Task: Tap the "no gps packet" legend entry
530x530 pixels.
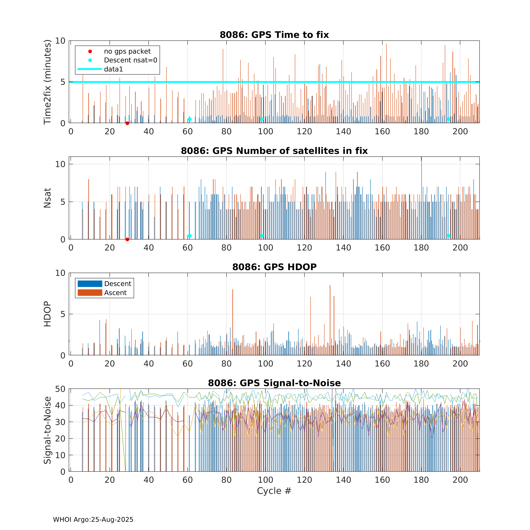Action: [x=127, y=51]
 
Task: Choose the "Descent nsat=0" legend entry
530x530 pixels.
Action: [x=130, y=60]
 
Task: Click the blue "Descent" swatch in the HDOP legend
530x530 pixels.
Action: [x=90, y=284]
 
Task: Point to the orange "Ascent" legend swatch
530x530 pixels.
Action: [x=90, y=293]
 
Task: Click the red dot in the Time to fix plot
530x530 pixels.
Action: [x=127, y=123]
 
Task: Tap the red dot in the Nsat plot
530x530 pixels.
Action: [x=127, y=239]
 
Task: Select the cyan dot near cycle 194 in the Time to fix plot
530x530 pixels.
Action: [x=449, y=119]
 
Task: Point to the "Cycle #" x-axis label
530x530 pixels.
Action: [x=274, y=491]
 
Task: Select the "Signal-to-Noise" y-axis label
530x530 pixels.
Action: [x=47, y=430]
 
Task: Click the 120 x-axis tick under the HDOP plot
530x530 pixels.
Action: [x=304, y=364]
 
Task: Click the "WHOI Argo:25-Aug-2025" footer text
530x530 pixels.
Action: [x=93, y=520]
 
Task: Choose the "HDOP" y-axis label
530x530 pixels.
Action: [x=47, y=314]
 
